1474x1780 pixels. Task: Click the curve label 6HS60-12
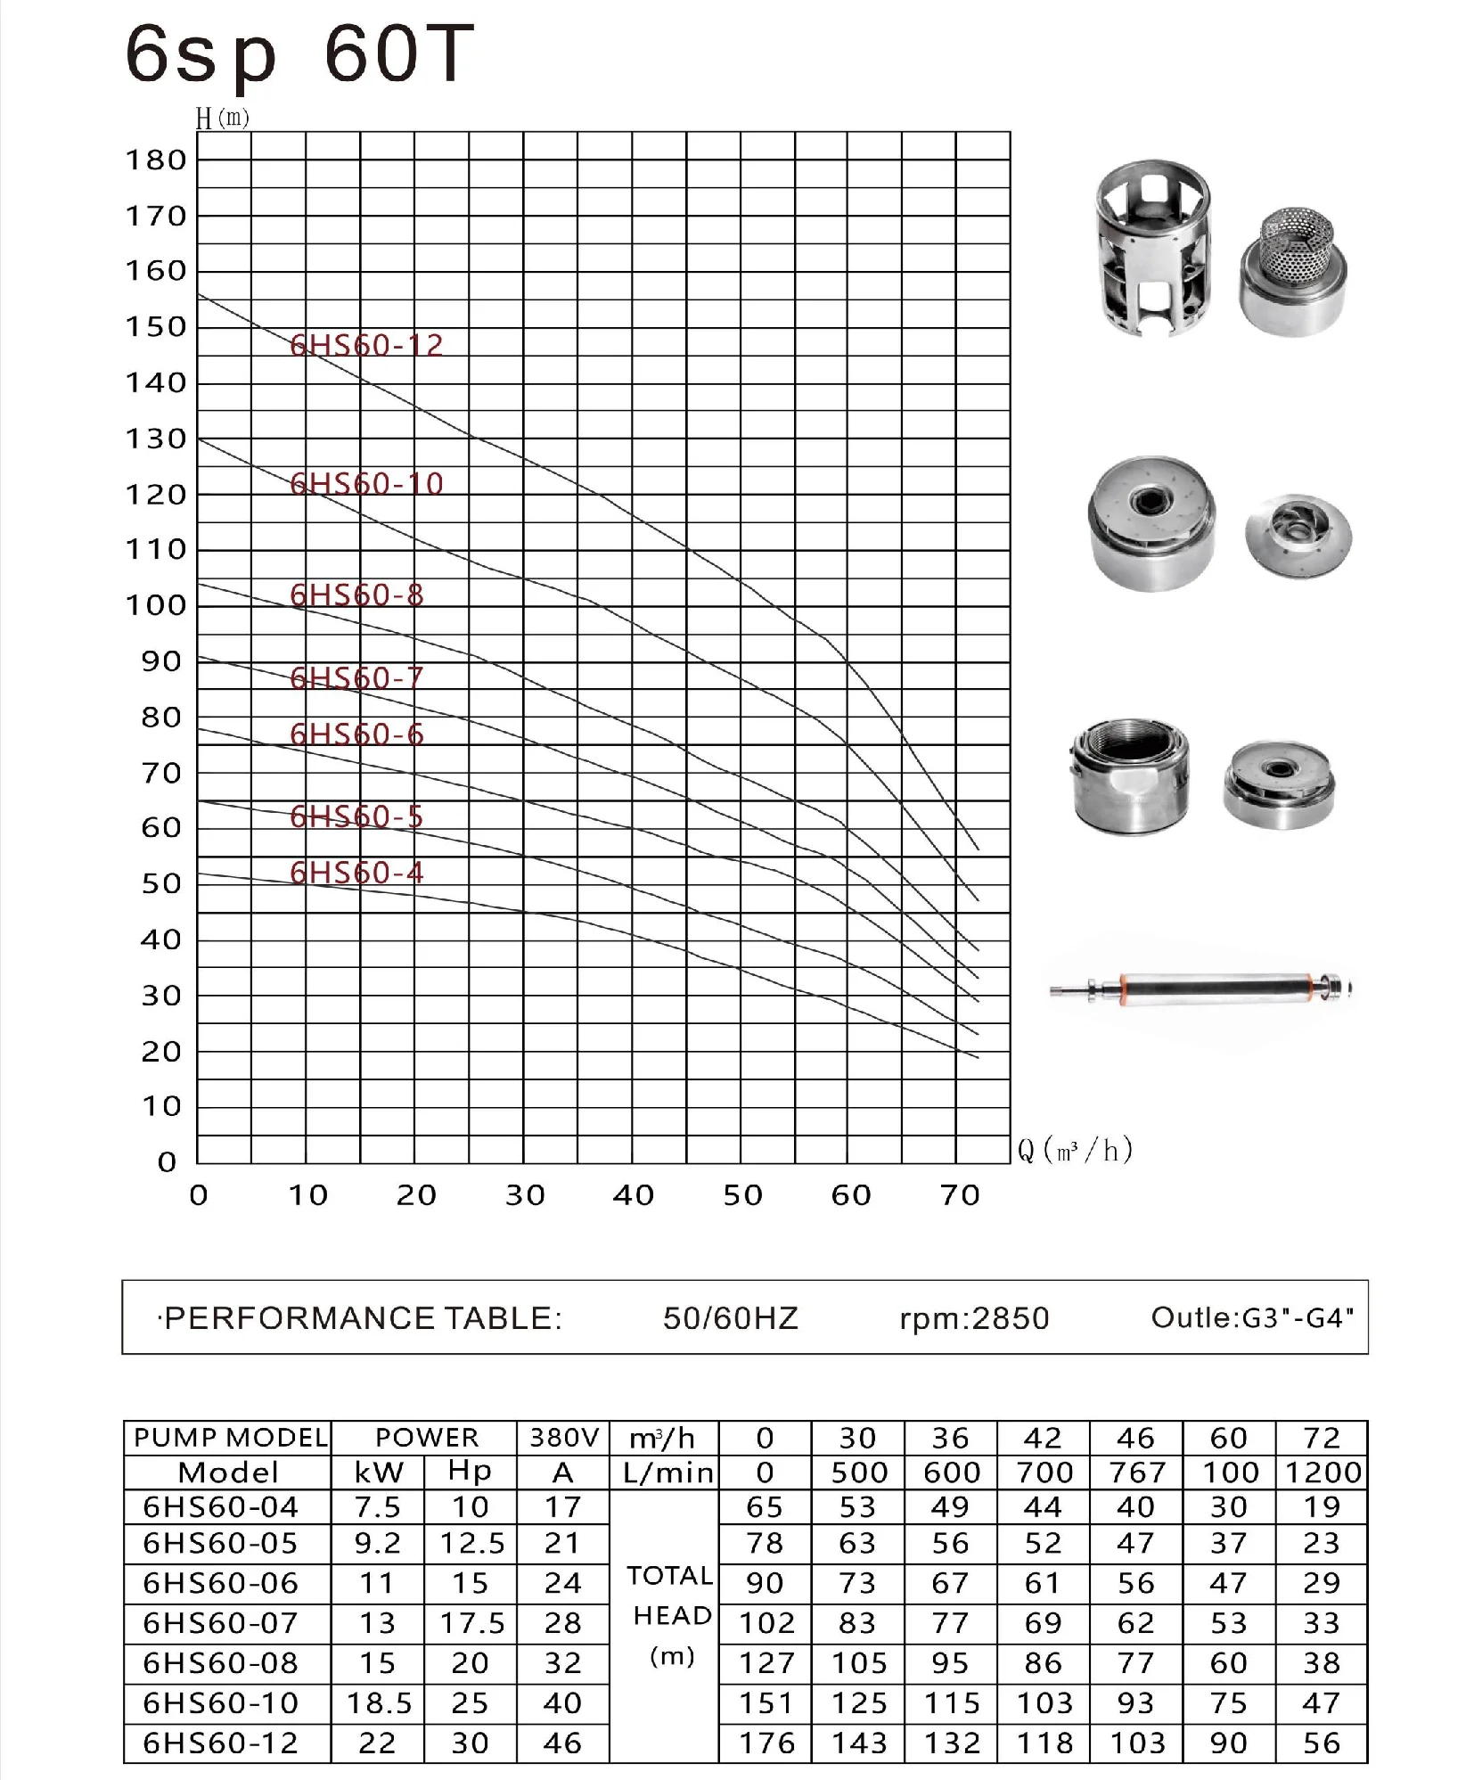pyautogui.click(x=366, y=345)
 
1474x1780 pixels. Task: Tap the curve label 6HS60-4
pyautogui.click(x=356, y=872)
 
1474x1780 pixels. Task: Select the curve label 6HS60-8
pyautogui.click(x=356, y=595)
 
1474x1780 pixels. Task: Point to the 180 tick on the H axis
pyautogui.click(x=156, y=160)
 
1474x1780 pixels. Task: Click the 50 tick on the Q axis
pyautogui.click(x=742, y=1195)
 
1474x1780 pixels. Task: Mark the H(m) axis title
pyautogui.click(x=222, y=119)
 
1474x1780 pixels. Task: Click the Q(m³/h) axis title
pyautogui.click(x=1076, y=1150)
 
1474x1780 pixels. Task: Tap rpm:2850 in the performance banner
pyautogui.click(x=975, y=1318)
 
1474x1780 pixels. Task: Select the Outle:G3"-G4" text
pyautogui.click(x=1253, y=1317)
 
